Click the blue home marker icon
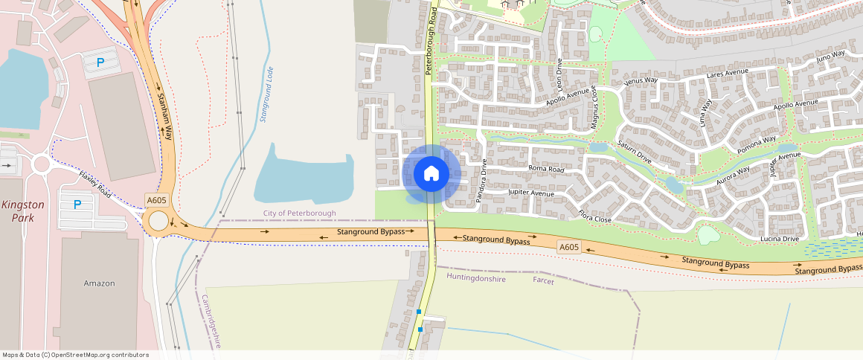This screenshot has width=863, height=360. click(x=431, y=174)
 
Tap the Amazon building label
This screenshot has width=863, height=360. click(x=100, y=283)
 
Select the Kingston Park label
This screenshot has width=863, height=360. click(x=22, y=211)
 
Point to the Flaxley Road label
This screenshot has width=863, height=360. click(x=94, y=184)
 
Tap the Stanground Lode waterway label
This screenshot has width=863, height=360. click(x=266, y=94)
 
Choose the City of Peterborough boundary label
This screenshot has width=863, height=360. click(x=299, y=213)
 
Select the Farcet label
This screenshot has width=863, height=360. click(x=544, y=280)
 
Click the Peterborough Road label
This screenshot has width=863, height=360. click(x=431, y=41)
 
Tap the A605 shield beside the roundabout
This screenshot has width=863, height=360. click(x=156, y=200)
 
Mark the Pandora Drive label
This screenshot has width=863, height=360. click(x=481, y=181)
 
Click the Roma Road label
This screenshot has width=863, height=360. click(x=547, y=170)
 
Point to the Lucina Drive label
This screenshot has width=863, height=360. click(x=780, y=239)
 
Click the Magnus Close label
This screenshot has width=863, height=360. click(x=594, y=109)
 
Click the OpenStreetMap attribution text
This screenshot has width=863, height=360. click(x=75, y=355)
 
